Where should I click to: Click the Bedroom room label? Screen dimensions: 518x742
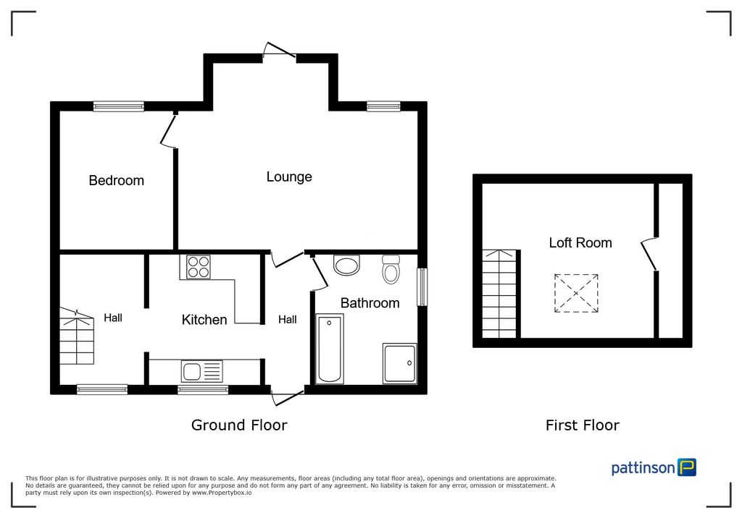click(x=116, y=180)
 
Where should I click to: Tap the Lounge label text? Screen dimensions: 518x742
click(x=289, y=177)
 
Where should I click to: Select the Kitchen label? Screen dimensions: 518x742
click(x=204, y=319)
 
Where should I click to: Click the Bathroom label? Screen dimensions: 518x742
click(x=370, y=302)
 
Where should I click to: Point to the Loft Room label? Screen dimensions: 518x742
click(x=580, y=242)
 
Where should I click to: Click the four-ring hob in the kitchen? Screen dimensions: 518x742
click(x=199, y=268)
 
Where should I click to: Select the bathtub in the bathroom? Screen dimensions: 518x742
click(x=330, y=349)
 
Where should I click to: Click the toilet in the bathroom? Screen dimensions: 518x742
click(x=391, y=269)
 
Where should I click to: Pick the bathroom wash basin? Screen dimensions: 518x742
click(x=347, y=266)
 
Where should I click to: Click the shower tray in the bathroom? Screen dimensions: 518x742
click(x=399, y=362)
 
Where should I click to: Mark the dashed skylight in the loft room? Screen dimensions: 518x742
click(x=577, y=293)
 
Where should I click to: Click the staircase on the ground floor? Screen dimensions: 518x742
click(x=77, y=337)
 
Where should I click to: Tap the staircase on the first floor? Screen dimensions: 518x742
click(x=500, y=293)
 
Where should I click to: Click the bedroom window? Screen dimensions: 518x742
click(x=118, y=106)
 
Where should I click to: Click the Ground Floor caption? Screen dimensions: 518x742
click(x=238, y=425)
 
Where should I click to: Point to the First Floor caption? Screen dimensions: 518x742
click(x=582, y=425)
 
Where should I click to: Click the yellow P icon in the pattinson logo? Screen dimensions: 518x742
click(x=686, y=467)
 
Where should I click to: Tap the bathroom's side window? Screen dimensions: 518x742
click(x=422, y=286)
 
